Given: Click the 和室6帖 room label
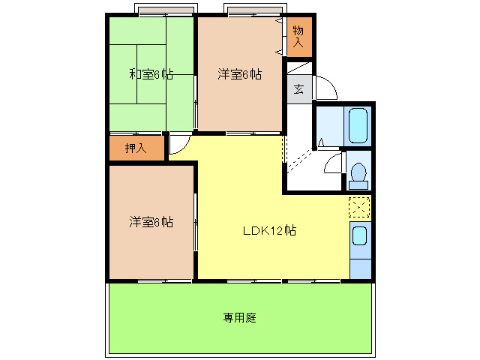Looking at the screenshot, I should [x=151, y=74].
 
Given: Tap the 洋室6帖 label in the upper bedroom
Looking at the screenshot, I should [x=240, y=74].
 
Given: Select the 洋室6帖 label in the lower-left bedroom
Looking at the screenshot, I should [x=151, y=222].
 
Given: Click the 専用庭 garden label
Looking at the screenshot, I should [x=240, y=317].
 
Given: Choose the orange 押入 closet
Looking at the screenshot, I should [x=136, y=148].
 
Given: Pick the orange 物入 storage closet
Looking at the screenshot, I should [x=298, y=36].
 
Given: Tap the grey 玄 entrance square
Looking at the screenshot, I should [x=298, y=90].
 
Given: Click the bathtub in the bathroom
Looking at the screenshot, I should [x=357, y=125].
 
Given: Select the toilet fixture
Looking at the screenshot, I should [x=358, y=174].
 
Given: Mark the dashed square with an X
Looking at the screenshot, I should [x=359, y=206].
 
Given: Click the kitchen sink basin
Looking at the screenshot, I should [x=360, y=236].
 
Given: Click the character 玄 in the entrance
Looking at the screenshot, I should [x=298, y=90].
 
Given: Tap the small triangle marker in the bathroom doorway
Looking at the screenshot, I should [x=321, y=142].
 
